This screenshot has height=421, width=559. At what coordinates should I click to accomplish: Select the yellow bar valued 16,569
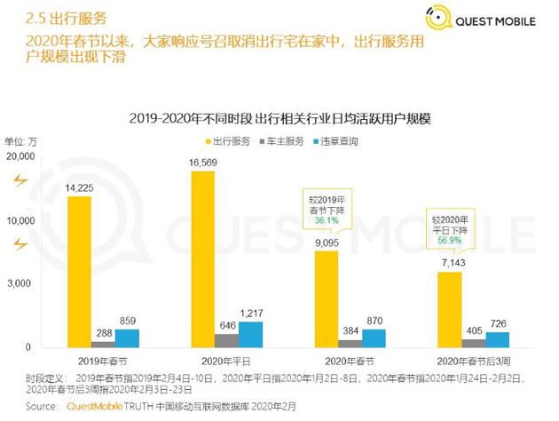[203, 258]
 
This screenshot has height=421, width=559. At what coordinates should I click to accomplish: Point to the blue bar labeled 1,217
[251, 334]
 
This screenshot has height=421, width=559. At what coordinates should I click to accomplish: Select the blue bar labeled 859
[128, 338]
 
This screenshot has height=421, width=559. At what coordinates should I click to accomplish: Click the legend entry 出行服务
[228, 140]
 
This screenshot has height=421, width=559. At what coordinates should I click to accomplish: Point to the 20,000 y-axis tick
[19, 156]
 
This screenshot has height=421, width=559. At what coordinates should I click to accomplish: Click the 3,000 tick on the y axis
[21, 283]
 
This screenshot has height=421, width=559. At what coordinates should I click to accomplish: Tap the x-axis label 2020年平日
[227, 361]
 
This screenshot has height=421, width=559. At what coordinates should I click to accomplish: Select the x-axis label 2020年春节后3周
[475, 361]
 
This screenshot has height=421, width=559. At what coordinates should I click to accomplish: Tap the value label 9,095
[327, 241]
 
